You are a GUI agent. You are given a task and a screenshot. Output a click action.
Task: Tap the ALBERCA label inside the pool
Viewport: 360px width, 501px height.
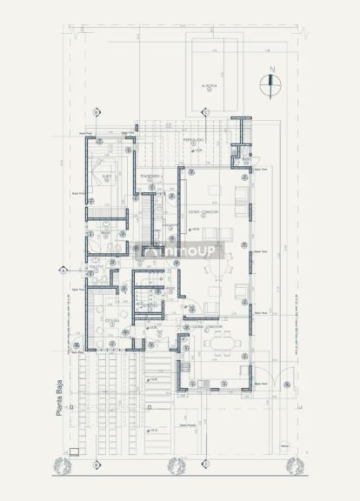pos(209,86)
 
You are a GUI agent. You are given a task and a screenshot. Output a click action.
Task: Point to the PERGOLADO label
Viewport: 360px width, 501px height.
pos(193,139)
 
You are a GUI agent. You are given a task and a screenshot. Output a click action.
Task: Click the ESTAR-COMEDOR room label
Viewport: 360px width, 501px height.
pos(204,211)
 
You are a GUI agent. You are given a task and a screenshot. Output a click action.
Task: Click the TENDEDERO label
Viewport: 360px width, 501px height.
pos(150,176)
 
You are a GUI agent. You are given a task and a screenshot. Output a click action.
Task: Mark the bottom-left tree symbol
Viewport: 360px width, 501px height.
pos(61,467)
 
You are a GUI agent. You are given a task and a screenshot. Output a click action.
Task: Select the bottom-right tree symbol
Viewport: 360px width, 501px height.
pos(294,465)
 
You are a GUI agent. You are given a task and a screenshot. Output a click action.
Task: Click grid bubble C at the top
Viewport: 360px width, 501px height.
pos(204,111)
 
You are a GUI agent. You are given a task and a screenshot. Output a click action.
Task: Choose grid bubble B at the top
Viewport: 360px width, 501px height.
pos(97,111)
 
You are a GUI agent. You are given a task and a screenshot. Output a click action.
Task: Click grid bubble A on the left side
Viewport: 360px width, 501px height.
pos(63,270)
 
